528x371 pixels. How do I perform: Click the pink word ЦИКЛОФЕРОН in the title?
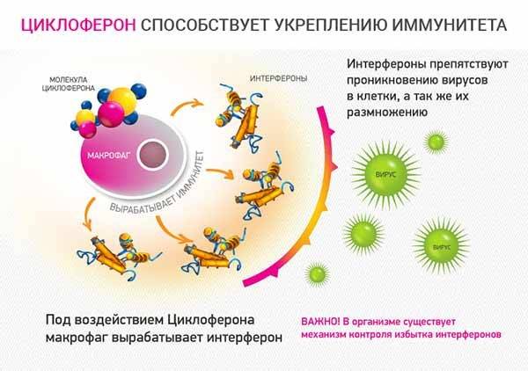(x=79, y=25)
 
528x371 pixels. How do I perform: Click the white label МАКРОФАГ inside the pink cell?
(x=108, y=156)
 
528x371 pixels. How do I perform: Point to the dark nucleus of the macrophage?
(x=153, y=155)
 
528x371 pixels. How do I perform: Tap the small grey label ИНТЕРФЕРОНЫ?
(x=278, y=79)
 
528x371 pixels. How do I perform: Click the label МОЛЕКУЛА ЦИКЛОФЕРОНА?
(x=69, y=84)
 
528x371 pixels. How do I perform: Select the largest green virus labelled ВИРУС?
(x=385, y=174)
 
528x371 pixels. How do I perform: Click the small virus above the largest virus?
(x=436, y=142)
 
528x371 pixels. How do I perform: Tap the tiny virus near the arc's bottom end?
(x=317, y=273)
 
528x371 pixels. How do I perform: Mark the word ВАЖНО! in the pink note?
(x=320, y=322)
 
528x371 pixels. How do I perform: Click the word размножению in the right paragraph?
(x=387, y=113)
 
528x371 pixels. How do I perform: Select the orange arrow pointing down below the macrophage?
(x=88, y=215)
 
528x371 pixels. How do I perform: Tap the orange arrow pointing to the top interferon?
(x=187, y=106)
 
